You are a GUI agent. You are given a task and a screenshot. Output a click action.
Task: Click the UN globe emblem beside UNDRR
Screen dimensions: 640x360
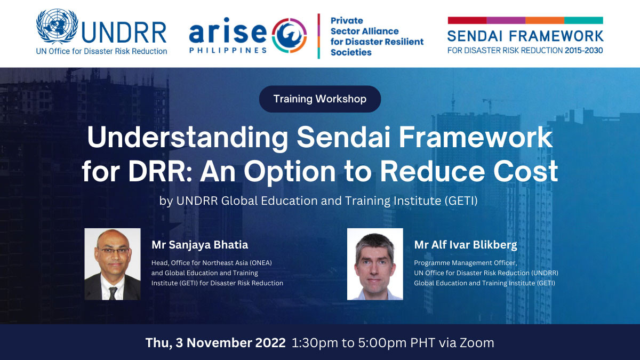(57, 26)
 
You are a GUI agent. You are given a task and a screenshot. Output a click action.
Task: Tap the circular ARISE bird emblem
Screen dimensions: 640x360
(289, 35)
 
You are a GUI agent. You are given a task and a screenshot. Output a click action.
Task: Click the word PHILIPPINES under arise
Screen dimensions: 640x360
(228, 51)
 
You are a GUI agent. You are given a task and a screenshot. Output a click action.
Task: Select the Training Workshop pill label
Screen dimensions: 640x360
(320, 99)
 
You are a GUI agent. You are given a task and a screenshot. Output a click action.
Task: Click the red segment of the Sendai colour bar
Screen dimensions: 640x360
(467, 20)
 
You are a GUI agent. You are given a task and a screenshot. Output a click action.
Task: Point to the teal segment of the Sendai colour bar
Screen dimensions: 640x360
(583, 20)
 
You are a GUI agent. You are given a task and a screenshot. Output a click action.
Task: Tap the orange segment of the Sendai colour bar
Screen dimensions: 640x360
(545, 20)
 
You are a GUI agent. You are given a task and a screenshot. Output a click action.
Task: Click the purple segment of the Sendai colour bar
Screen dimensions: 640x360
(506, 20)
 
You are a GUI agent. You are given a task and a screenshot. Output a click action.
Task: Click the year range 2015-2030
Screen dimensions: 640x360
(583, 51)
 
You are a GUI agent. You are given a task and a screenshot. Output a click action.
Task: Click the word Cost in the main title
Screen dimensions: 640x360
(526, 171)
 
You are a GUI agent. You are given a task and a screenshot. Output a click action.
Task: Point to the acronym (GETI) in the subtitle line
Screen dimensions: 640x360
(461, 201)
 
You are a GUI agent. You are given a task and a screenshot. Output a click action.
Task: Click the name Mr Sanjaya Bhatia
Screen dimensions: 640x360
(199, 245)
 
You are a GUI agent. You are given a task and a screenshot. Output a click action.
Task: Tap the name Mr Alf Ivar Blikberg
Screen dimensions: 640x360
(466, 245)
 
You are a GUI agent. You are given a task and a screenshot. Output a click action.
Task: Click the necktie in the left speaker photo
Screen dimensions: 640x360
(113, 293)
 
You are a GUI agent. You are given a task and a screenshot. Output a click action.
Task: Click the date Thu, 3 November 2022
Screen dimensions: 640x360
(215, 343)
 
